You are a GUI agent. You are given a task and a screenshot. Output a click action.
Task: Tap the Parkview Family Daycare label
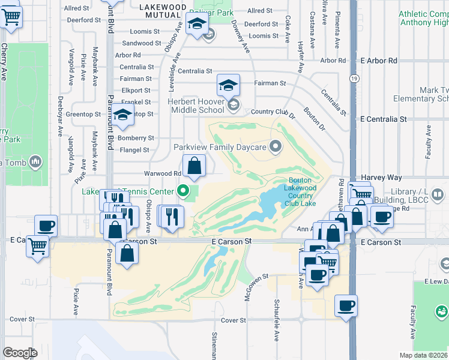point(220,147)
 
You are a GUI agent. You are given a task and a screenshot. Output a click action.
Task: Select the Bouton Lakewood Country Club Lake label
point(300,191)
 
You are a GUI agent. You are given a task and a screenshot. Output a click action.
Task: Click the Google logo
point(20,353)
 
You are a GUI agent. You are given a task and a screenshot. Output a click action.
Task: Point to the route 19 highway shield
point(355,78)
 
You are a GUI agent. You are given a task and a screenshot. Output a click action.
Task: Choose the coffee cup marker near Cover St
point(346,305)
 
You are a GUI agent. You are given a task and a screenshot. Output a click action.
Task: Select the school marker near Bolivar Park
point(196,25)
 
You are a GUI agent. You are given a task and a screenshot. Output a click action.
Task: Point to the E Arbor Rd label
point(379,61)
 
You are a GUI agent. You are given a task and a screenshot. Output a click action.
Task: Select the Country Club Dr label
point(273,112)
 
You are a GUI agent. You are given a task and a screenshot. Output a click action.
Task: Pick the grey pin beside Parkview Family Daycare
point(276,146)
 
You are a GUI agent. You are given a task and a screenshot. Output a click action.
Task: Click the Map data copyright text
point(424,355)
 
